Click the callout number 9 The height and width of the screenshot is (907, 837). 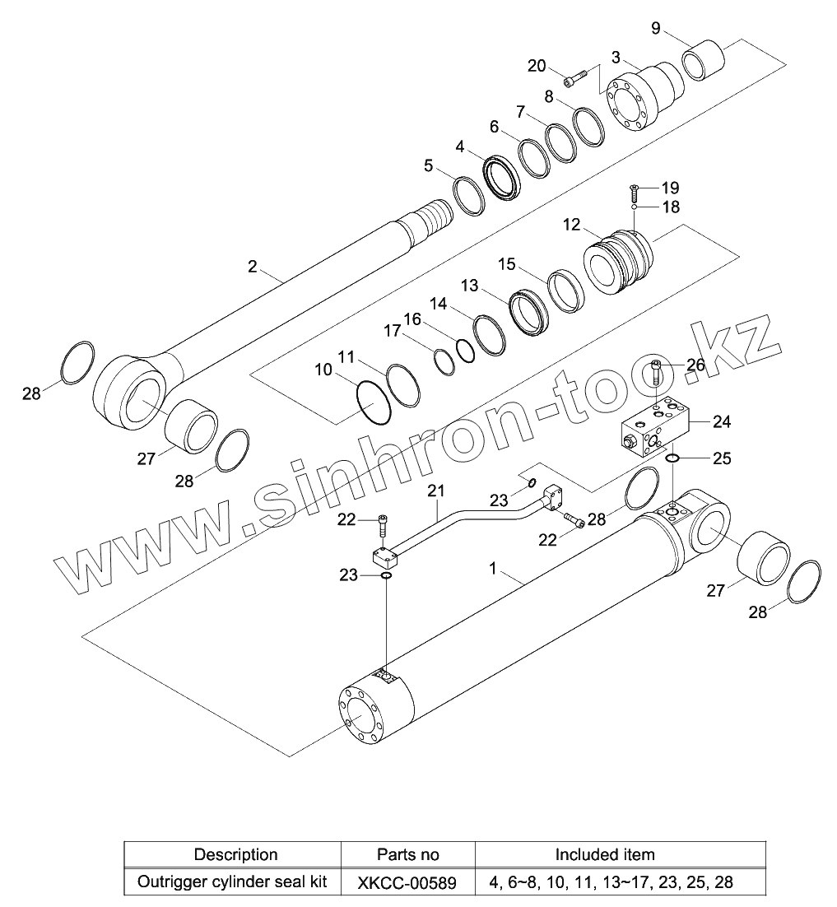[x=655, y=29]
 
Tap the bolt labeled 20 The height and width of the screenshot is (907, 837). [x=576, y=77]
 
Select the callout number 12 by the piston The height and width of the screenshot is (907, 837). [x=571, y=225]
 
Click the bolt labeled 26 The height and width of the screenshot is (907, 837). [x=656, y=374]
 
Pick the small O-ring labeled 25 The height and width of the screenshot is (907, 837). [x=672, y=458]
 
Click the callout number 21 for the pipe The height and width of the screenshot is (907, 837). [x=436, y=491]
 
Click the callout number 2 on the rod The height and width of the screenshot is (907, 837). [x=253, y=266]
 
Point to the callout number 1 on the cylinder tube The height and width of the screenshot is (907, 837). [x=492, y=567]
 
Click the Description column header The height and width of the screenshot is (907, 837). [x=235, y=854]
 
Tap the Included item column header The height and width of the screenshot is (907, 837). [x=605, y=854]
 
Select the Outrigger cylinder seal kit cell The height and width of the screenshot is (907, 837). [x=231, y=882]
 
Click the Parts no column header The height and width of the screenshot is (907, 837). [x=408, y=854]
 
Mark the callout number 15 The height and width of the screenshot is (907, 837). [x=507, y=264]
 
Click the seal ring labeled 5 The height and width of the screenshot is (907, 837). [x=469, y=196]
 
